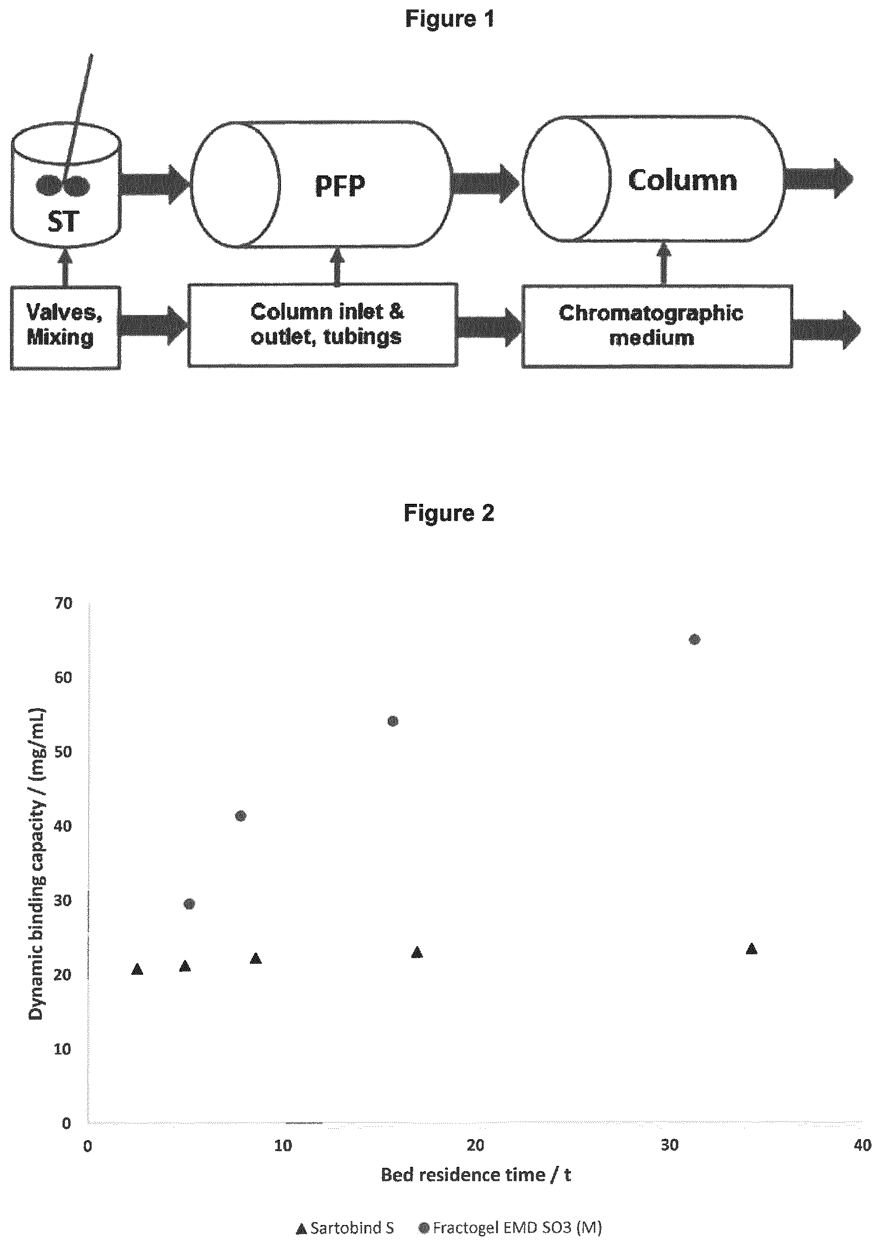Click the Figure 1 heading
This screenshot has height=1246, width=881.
click(450, 20)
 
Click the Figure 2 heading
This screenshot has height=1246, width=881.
click(449, 513)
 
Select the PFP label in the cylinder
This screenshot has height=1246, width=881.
click(341, 185)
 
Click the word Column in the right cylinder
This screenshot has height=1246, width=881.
click(683, 180)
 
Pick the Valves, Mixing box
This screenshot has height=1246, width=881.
click(65, 328)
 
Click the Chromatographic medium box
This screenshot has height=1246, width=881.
click(657, 326)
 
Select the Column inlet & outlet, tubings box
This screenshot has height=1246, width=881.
click(322, 325)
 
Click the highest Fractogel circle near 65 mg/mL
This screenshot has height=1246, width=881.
click(694, 639)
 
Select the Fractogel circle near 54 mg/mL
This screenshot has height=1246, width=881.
click(393, 721)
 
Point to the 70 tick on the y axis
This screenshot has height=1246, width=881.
click(63, 603)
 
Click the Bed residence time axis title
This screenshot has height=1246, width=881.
click(476, 1175)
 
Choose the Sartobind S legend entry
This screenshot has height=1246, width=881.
click(345, 1227)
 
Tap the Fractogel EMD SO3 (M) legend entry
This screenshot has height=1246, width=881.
click(510, 1227)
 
